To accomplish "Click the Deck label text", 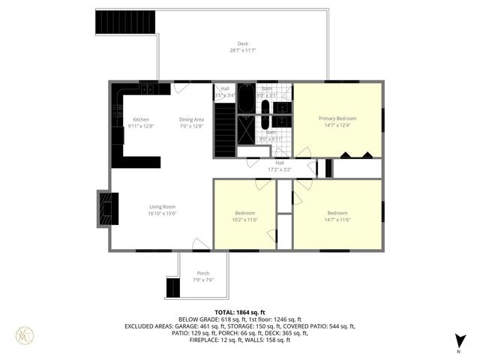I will [x=242, y=44].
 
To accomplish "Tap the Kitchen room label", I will [x=141, y=120].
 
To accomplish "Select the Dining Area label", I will [x=191, y=120].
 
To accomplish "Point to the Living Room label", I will [x=162, y=207].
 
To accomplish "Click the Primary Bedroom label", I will [x=337, y=118].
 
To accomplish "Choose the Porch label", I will [x=203, y=273].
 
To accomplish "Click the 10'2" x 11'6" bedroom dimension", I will [x=244, y=219].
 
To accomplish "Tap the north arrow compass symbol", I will [x=458, y=341].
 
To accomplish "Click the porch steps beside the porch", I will [x=173, y=287].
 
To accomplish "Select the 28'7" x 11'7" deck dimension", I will [x=242, y=51].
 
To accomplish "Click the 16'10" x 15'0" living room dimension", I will [x=162, y=214].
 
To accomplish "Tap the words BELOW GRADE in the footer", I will [x=196, y=319].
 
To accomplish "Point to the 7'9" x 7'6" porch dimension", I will [x=203, y=280].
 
